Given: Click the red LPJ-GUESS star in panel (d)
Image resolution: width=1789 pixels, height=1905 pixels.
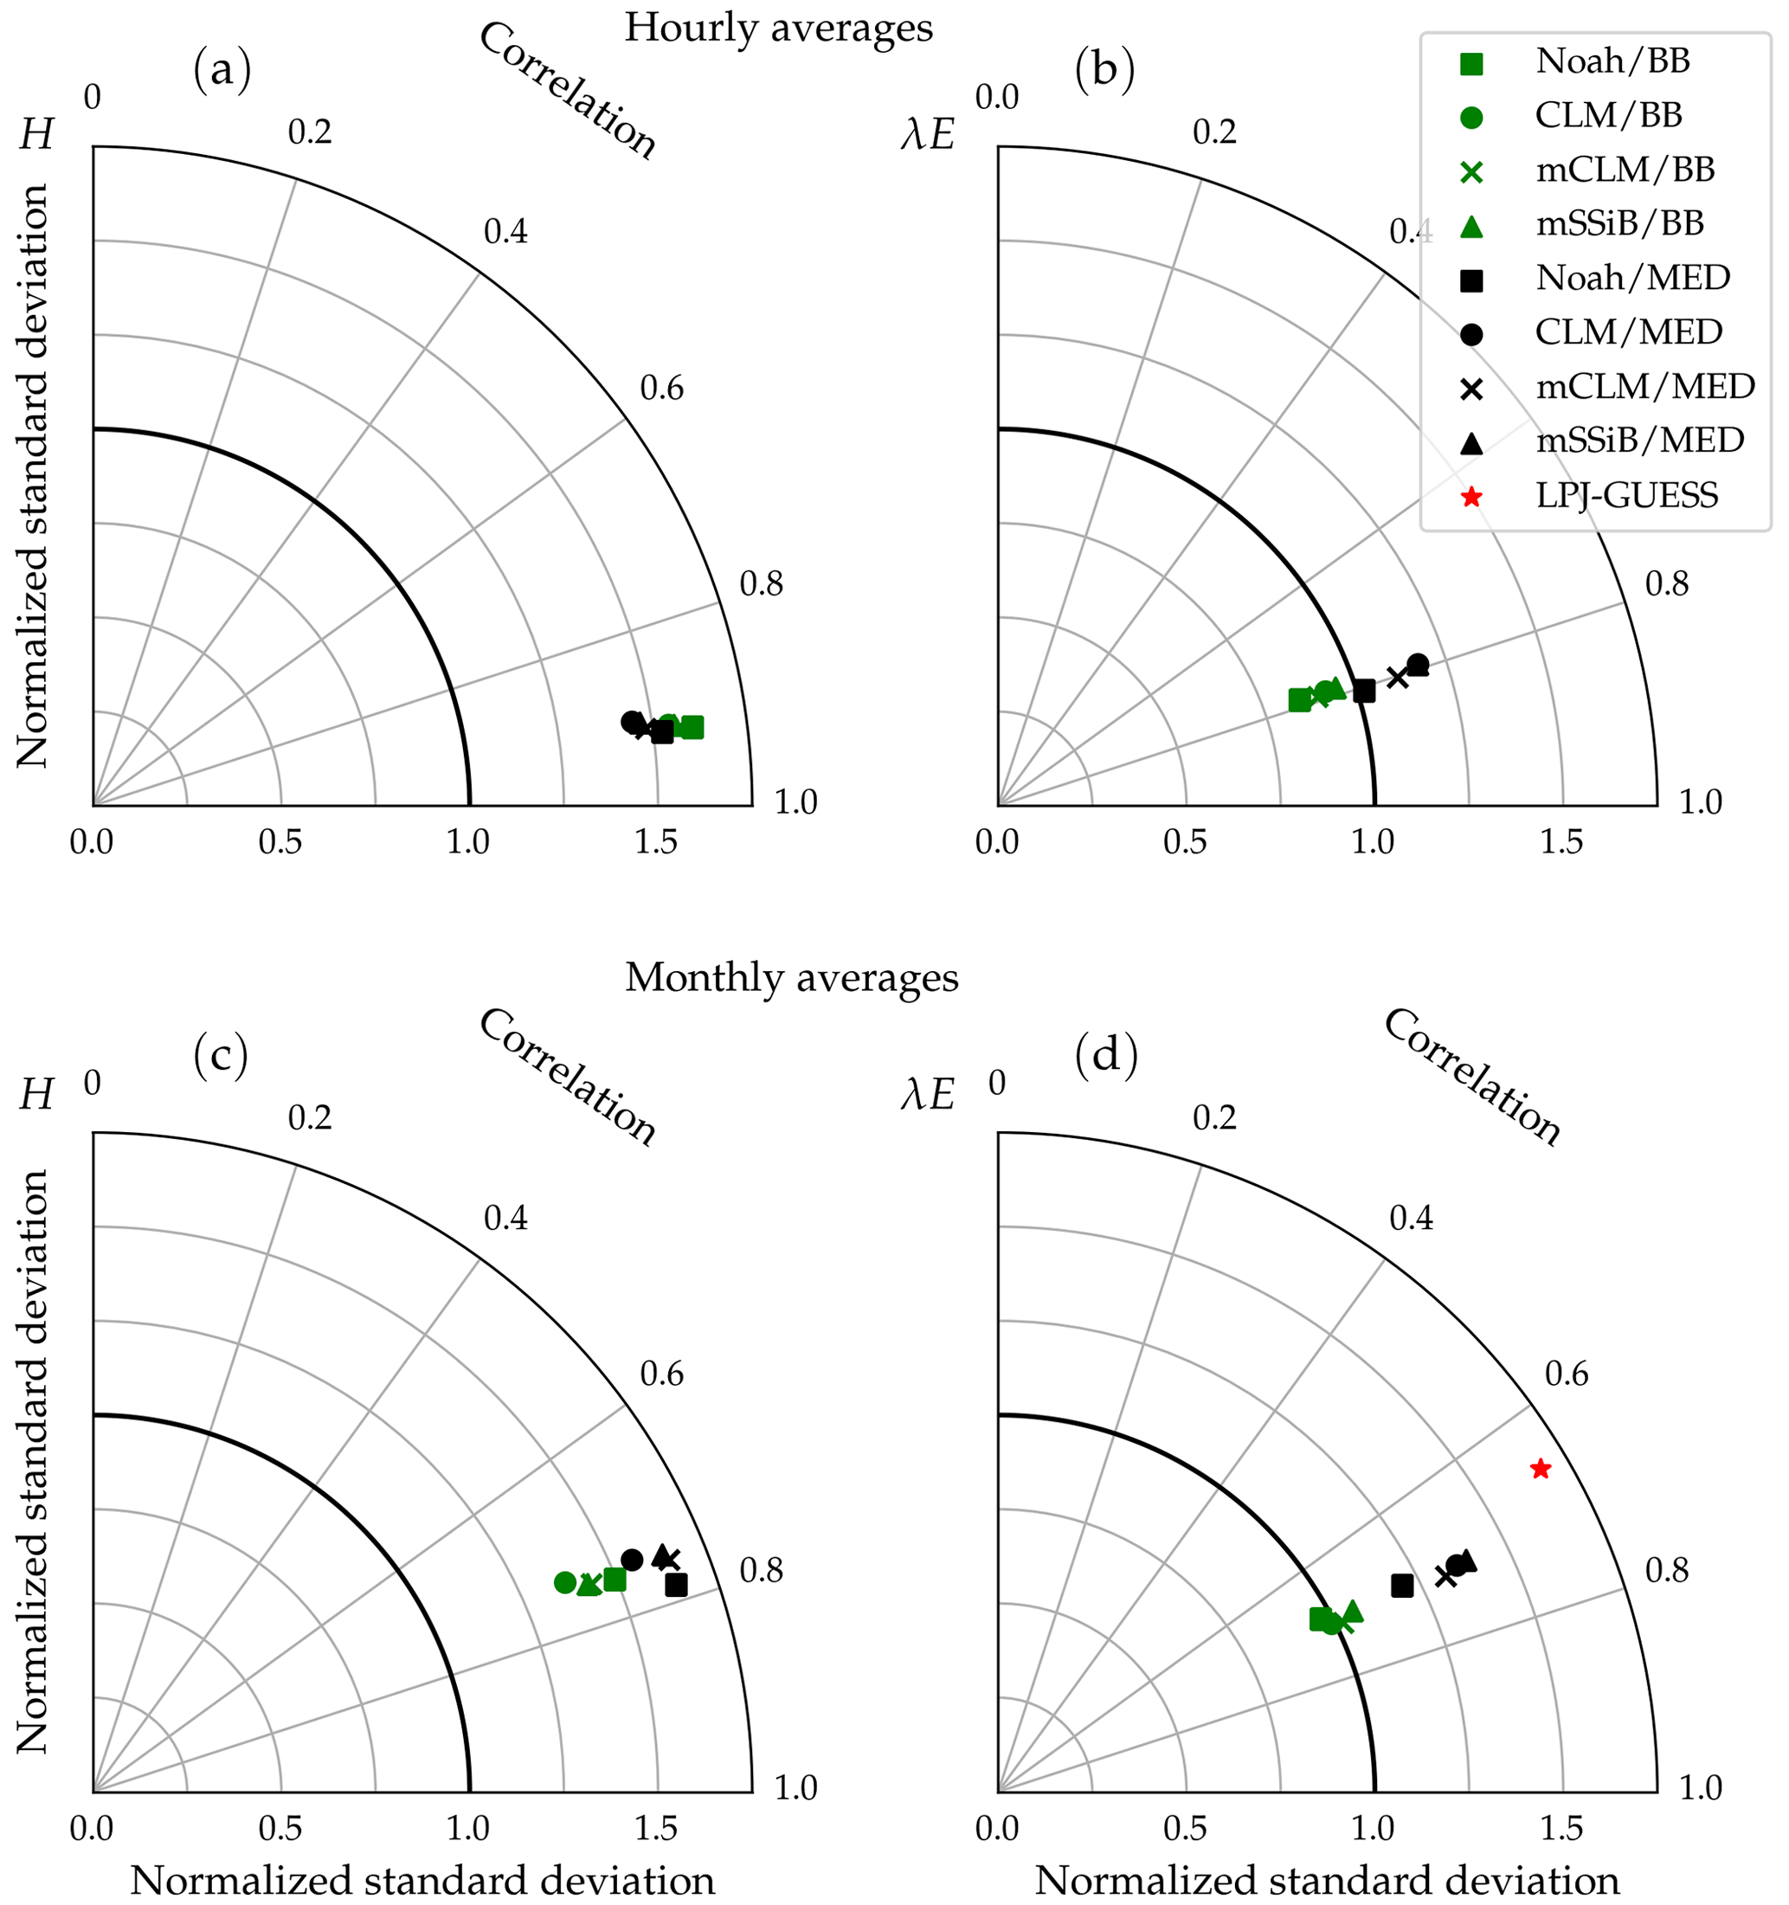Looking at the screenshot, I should tap(1540, 1468).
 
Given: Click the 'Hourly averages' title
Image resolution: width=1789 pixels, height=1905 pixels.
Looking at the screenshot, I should tap(778, 28).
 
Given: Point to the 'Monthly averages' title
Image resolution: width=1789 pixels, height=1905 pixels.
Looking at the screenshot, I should tap(791, 977).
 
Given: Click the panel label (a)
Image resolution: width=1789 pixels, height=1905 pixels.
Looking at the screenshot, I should tap(222, 71).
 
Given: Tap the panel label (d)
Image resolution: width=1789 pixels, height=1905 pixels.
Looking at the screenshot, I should tap(1107, 1055).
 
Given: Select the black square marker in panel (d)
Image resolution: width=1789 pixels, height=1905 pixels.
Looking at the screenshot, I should tap(1402, 1586).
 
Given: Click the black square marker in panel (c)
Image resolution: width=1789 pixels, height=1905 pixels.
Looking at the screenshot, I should tap(677, 1585).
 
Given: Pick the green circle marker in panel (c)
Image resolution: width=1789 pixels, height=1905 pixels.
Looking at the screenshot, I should tap(564, 1582).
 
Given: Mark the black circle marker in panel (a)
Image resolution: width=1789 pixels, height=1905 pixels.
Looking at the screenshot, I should tap(630, 721).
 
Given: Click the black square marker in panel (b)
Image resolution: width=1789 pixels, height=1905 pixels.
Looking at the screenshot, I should tap(1365, 690).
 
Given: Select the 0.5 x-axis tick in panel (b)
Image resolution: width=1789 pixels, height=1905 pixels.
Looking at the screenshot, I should tap(1184, 842).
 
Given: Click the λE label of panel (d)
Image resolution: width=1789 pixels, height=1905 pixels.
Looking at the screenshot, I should tap(928, 1094).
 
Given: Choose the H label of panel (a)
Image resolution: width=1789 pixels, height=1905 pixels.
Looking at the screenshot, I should tap(36, 136).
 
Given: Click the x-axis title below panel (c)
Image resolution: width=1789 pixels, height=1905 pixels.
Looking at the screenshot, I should tap(422, 1880).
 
